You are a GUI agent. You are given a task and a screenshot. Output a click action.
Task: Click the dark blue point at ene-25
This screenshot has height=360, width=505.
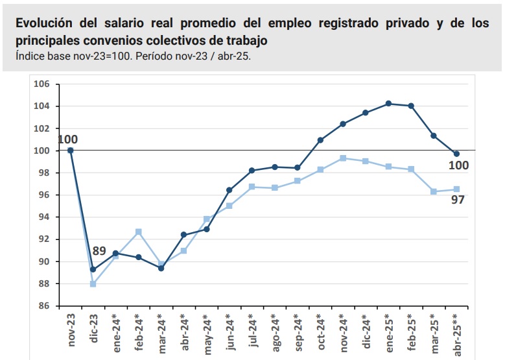[388, 103]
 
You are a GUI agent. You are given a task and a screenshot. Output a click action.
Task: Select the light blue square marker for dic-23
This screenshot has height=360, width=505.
[93, 284]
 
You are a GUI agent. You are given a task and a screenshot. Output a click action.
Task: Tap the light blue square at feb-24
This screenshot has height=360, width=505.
[138, 232]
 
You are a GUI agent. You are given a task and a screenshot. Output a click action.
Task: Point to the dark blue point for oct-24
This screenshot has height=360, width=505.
[320, 140]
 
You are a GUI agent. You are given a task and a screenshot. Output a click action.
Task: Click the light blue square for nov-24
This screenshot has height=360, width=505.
[343, 158]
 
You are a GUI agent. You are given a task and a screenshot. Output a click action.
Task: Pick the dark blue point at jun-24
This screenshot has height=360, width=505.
[229, 190]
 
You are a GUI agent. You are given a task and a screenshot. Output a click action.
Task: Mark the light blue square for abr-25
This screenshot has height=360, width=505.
[456, 189]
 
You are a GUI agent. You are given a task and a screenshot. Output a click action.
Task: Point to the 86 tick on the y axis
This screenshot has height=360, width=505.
[44, 306]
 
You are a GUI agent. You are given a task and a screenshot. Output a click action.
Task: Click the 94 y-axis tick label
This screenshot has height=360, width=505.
[44, 217]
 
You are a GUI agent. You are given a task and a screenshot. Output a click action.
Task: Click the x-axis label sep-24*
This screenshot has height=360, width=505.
[298, 332]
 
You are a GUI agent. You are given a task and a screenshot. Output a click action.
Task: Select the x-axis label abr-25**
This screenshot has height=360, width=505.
[456, 335]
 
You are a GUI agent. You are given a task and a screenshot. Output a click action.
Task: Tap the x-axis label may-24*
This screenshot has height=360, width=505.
[206, 332]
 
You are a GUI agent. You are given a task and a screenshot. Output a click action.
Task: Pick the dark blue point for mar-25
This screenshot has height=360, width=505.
[434, 136]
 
